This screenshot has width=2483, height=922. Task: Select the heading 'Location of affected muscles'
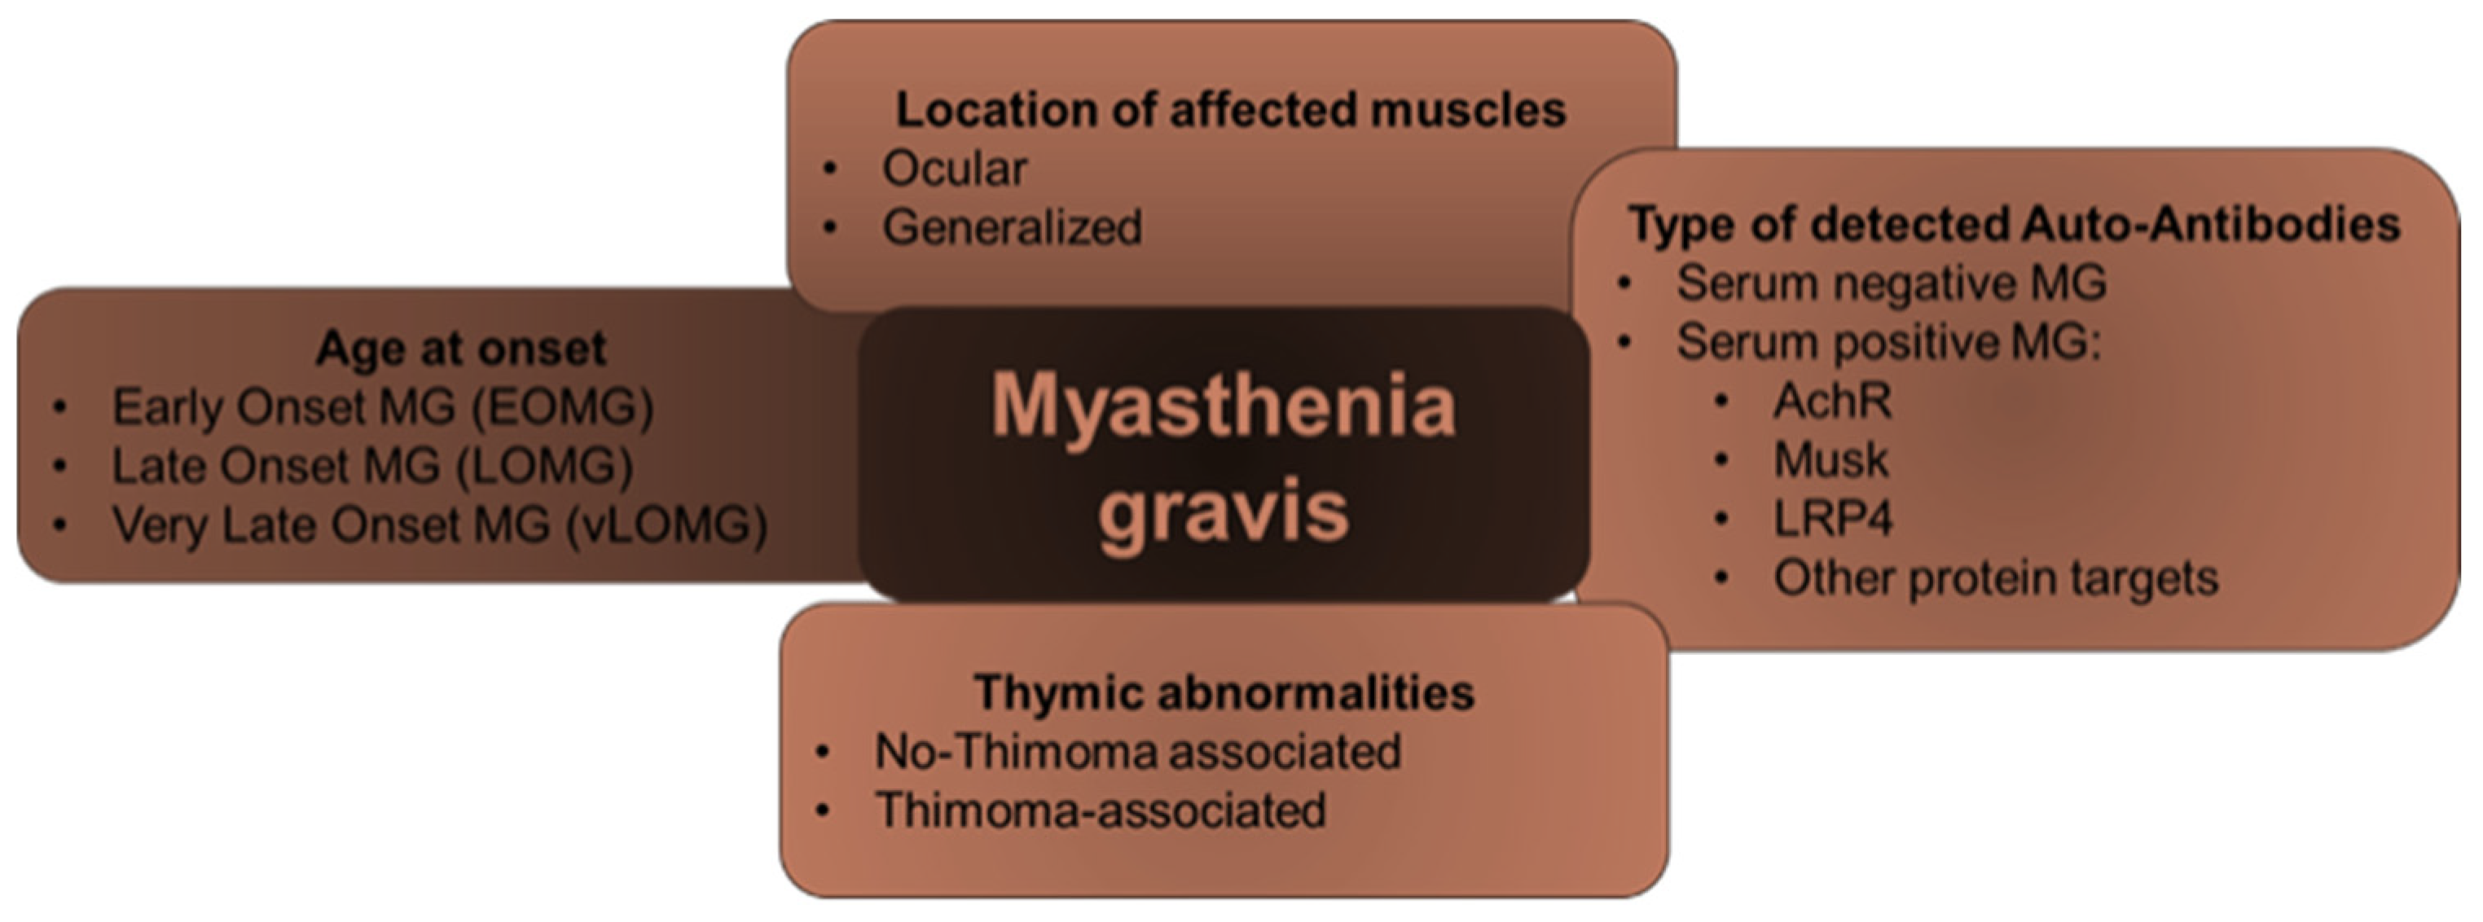click(1231, 110)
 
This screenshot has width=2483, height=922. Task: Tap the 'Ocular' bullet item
click(954, 169)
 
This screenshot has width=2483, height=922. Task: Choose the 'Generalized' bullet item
click(1012, 228)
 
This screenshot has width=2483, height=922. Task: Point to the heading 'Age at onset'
click(461, 348)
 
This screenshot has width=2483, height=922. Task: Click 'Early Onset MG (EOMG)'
click(383, 406)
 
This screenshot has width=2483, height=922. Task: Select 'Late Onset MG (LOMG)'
click(372, 467)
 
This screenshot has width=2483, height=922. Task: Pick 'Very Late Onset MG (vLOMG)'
click(440, 525)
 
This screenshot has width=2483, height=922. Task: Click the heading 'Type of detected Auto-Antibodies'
click(2015, 225)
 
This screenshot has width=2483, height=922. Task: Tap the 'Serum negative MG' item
click(1891, 283)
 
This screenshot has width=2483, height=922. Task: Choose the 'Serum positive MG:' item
click(1888, 342)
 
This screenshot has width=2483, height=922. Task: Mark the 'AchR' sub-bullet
click(1832, 401)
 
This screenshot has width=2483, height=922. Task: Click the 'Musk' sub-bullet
click(1830, 459)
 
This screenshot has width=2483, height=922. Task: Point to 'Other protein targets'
click(1996, 578)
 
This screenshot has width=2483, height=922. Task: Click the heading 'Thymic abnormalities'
click(1224, 691)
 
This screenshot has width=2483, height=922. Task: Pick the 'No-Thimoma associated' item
click(1137, 752)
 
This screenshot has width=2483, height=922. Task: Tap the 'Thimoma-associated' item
click(1100, 810)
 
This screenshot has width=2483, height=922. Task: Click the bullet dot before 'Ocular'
click(831, 170)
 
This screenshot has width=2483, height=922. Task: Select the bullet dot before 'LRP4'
click(1722, 520)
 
